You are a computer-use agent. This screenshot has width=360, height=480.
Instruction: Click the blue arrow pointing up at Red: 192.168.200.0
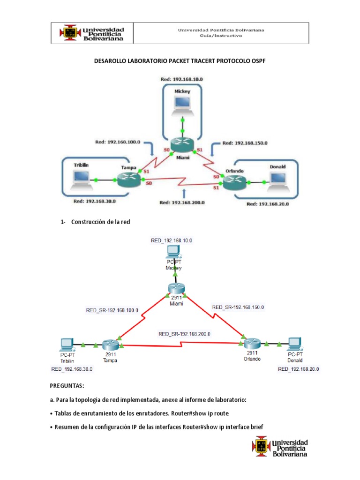[x=185, y=193]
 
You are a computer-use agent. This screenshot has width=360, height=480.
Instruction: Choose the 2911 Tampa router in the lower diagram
[x=111, y=345]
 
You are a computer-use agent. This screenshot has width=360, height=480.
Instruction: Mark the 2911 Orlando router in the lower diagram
[x=250, y=344]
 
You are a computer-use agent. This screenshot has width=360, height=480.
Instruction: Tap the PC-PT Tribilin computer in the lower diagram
[x=65, y=345]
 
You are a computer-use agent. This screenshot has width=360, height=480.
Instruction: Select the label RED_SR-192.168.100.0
[x=112, y=310]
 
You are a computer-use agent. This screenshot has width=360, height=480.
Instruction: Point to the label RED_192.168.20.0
[x=299, y=369]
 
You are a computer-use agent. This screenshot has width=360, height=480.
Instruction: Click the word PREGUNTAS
[x=67, y=386]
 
